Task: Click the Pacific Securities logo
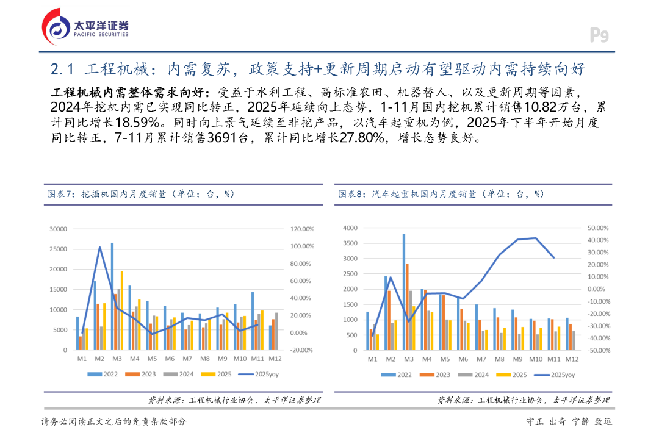85,27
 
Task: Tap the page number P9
599,35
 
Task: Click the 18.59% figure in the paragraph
138,122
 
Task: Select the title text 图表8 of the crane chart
352,193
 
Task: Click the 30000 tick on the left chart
58,229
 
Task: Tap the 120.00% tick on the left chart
302,229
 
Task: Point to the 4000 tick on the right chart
350,228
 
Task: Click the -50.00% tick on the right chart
598,350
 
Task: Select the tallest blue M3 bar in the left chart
112,296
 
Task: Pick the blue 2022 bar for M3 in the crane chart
404,292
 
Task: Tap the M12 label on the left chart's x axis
275,359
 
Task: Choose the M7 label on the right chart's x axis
481,359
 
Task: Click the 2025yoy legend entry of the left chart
259,375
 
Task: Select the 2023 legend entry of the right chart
434,375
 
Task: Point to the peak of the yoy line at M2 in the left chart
99,247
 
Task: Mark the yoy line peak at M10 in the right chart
536,238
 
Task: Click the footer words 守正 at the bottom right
535,421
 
